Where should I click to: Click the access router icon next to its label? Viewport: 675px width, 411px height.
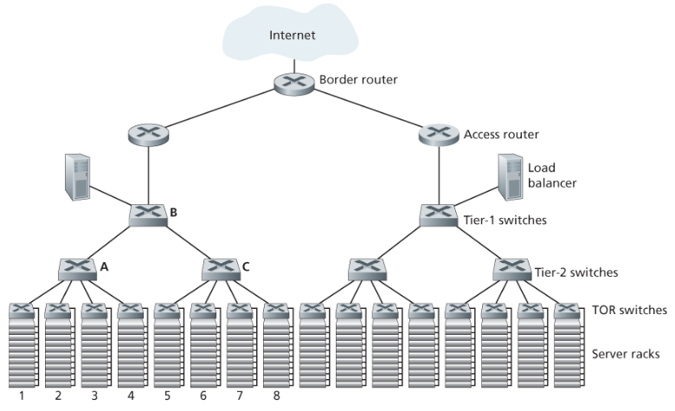pyautogui.click(x=438, y=134)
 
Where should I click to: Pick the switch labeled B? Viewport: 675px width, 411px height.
pyautogui.click(x=148, y=215)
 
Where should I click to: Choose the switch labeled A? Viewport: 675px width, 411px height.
pyautogui.click(x=74, y=268)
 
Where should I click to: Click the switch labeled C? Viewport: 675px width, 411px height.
pyautogui.click(x=221, y=268)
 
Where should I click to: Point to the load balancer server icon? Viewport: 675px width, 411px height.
pyautogui.click(x=510, y=178)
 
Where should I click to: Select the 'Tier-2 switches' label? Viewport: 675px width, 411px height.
pyautogui.click(x=577, y=273)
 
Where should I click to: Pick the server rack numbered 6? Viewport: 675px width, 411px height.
pyautogui.click(x=203, y=355)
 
